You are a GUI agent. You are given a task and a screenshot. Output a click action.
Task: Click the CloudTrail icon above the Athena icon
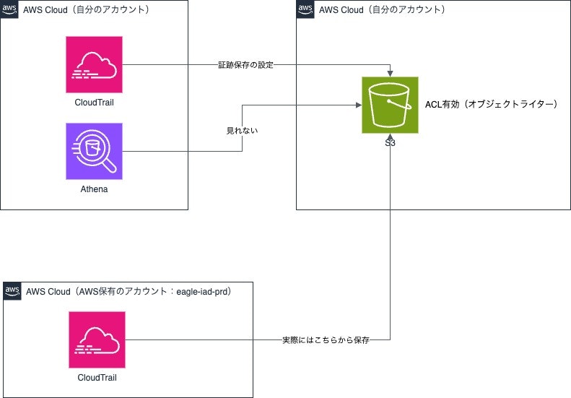(x=94, y=64)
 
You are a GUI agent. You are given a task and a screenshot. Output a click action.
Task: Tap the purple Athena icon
(x=94, y=151)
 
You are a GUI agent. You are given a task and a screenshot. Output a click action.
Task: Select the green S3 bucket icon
(x=391, y=105)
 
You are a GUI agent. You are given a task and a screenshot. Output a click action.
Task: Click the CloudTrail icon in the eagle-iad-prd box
(x=97, y=339)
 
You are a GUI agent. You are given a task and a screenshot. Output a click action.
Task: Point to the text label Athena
(x=94, y=189)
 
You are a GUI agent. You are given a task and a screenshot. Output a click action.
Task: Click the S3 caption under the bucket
(x=391, y=143)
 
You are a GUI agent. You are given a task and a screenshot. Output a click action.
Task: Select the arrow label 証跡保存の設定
(x=246, y=65)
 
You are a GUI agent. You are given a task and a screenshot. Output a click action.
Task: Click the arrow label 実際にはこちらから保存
(x=326, y=339)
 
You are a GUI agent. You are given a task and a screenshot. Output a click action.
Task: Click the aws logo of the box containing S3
(x=306, y=9)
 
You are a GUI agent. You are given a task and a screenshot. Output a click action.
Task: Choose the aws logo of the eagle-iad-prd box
(x=13, y=291)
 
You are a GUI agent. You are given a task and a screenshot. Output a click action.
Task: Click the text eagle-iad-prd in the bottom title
(x=204, y=291)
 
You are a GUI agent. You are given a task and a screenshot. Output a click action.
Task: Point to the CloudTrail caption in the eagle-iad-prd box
(x=97, y=377)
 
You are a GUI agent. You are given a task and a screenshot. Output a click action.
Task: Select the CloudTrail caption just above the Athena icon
(x=94, y=102)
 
